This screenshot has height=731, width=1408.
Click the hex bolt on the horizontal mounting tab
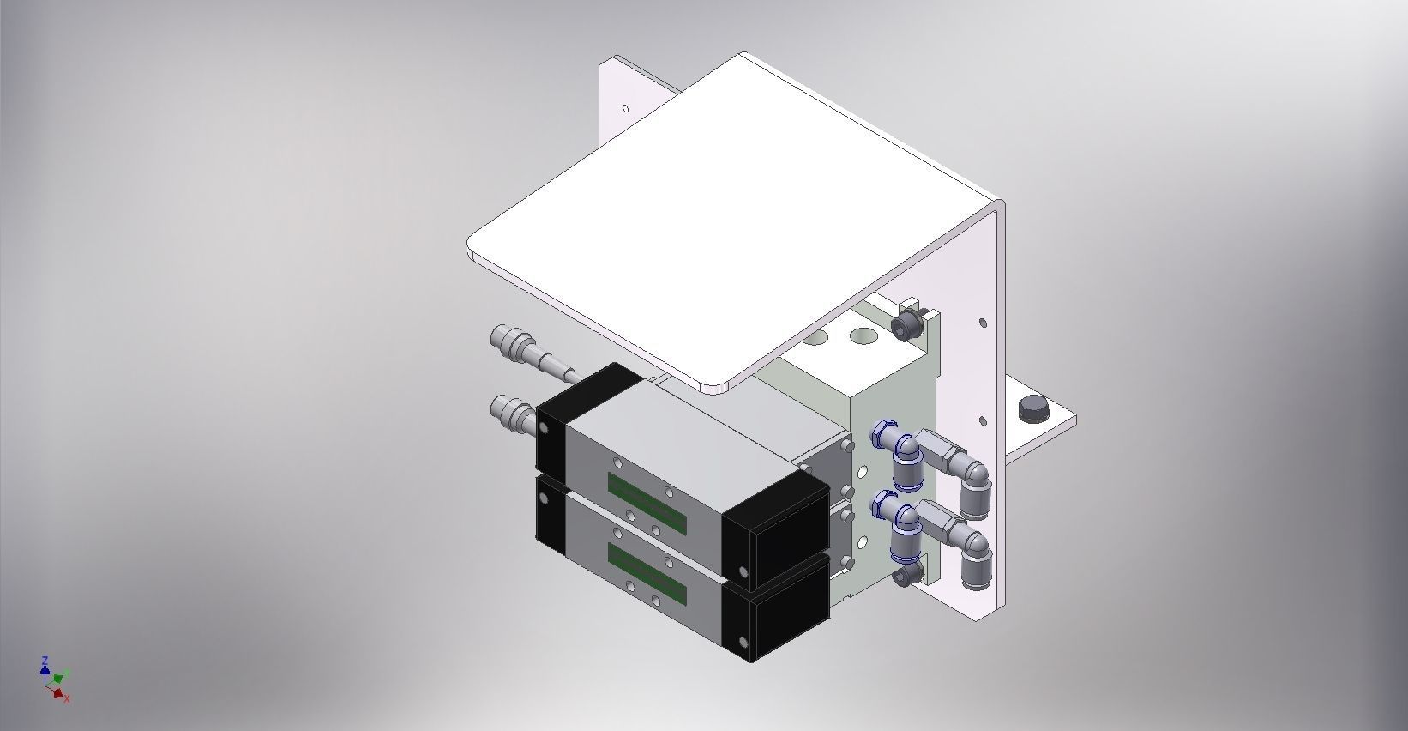(1033, 409)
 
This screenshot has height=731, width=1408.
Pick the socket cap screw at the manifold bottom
(906, 576)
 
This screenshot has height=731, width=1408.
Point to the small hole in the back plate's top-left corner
(626, 109)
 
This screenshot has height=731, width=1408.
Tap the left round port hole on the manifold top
(815, 336)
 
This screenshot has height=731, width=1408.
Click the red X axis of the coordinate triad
(62, 695)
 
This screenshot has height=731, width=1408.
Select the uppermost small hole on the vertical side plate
(984, 323)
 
